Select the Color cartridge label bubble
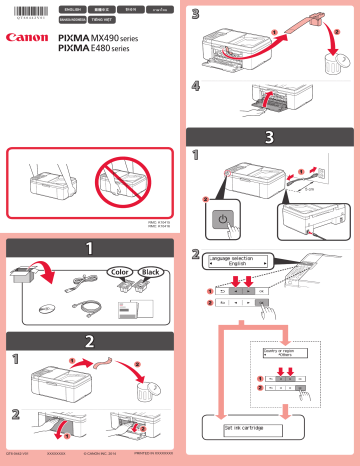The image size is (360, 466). (120, 272)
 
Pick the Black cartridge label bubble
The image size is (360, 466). (152, 272)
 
